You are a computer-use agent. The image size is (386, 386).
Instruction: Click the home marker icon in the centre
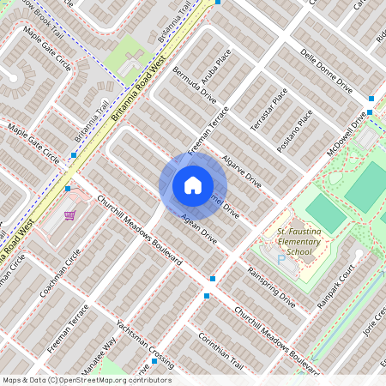pos(192,184)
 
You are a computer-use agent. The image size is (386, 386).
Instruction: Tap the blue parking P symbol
pos(280,258)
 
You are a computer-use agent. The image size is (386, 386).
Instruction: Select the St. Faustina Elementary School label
pos(286,242)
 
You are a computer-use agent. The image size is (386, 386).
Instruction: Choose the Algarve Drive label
pos(241,171)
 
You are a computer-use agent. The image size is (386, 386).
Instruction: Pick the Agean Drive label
pos(198,232)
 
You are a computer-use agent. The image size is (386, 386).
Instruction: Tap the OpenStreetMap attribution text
pos(87,380)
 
